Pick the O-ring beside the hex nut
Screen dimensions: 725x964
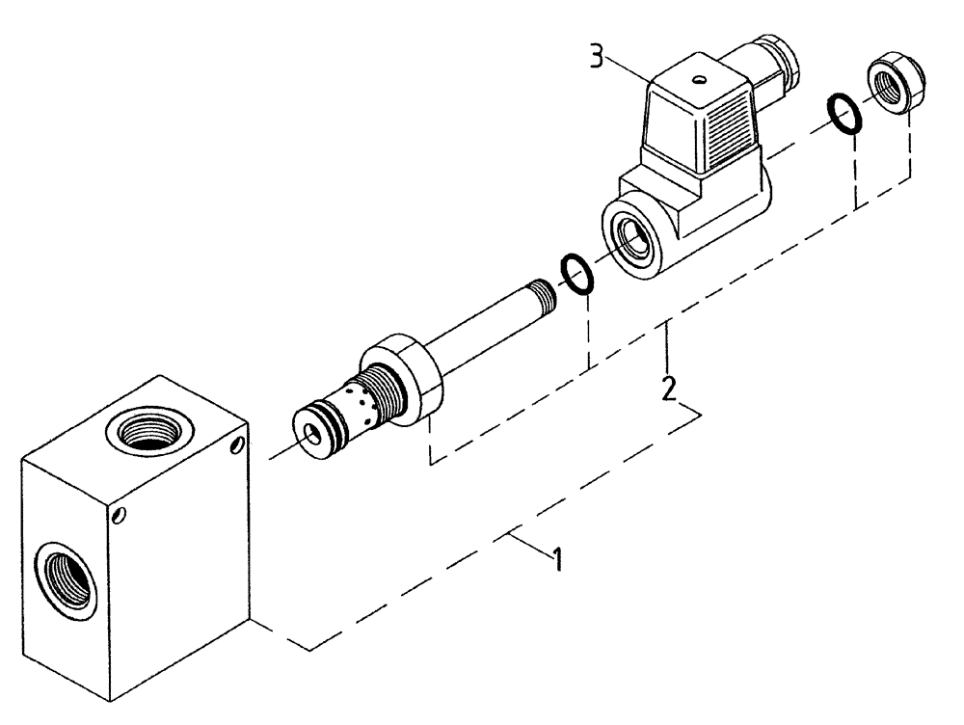tap(845, 114)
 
